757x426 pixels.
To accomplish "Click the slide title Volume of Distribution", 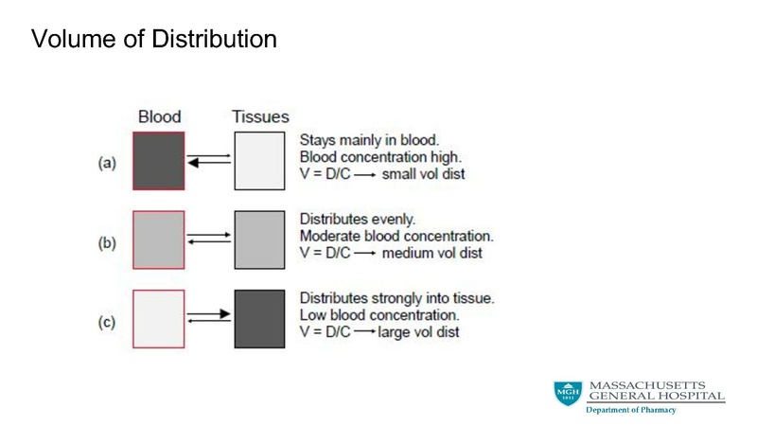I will tap(154, 39).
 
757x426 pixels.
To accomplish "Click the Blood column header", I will tap(159, 117).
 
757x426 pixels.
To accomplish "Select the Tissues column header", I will tap(260, 117).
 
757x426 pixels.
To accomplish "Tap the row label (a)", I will tap(107, 163).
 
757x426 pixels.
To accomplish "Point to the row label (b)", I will tap(107, 242).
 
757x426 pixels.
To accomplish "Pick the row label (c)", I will tap(107, 322).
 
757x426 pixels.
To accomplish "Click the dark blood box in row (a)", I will tap(159, 161).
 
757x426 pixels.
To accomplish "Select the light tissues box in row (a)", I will tap(259, 161).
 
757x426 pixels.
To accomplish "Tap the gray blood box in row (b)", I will tap(159, 240).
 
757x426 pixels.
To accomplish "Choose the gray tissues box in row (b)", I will tap(259, 240).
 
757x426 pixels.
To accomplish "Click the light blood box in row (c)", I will tap(159, 319).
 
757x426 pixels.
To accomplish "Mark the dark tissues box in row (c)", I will tap(259, 319).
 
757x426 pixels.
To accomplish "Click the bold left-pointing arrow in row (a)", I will tap(209, 163).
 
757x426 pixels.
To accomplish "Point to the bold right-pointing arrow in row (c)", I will tap(209, 313).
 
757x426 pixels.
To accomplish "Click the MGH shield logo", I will tap(568, 394).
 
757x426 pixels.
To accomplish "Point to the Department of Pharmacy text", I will tap(630, 410).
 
